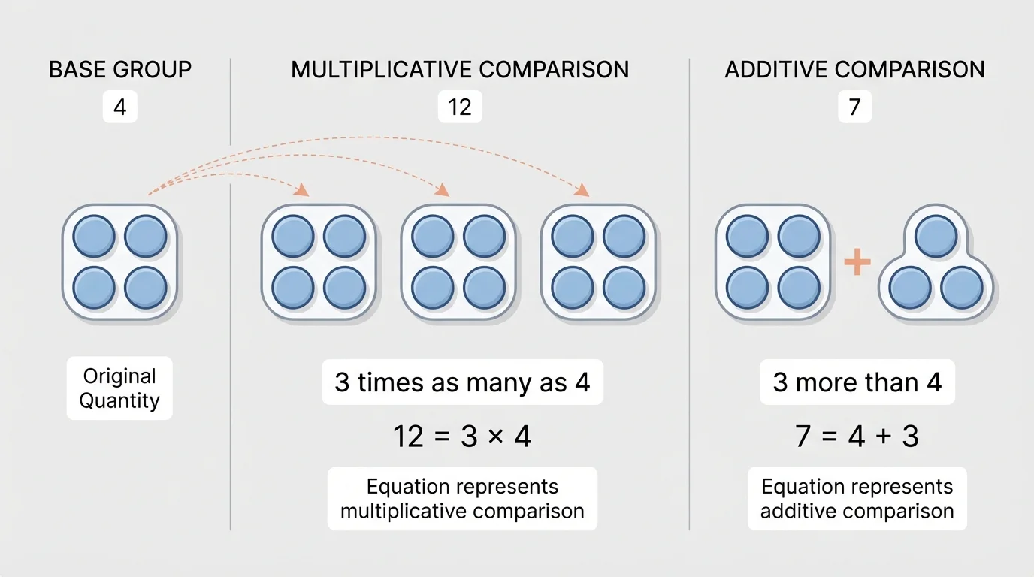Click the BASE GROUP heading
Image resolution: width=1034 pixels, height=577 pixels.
point(120,70)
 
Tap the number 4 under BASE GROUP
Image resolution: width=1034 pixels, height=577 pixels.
point(120,107)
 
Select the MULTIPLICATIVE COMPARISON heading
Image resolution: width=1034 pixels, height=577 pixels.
point(460,70)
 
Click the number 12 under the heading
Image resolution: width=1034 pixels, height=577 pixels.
point(460,107)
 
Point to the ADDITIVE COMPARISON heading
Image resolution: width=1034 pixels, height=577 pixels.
point(854,70)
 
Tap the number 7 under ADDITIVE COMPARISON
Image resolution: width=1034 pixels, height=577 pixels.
point(854,107)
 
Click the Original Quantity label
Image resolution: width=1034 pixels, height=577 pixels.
point(119,388)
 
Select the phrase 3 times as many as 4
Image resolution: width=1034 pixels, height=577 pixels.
point(462,383)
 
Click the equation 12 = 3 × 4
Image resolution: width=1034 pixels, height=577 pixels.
point(462,437)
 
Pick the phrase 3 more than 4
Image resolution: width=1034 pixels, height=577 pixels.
point(857,383)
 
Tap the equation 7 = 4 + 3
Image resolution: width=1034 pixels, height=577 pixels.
point(857,437)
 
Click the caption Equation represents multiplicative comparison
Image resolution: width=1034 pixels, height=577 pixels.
point(462,499)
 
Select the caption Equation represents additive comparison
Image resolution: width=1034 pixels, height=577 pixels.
point(857,499)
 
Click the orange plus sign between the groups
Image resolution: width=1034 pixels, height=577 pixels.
point(857,262)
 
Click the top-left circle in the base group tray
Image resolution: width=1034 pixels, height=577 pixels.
point(94,236)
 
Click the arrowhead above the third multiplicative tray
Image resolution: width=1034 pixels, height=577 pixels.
point(581,191)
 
